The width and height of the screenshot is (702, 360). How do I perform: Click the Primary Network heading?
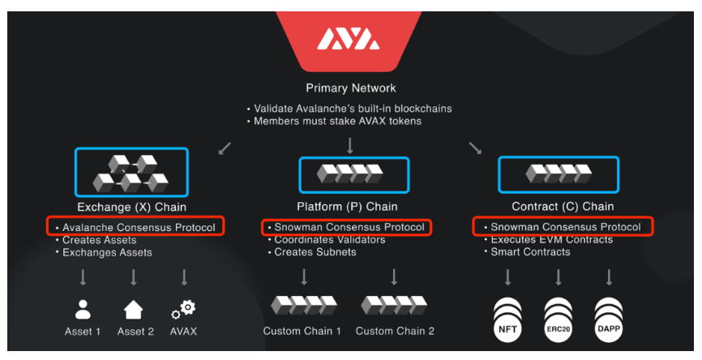pos(350,88)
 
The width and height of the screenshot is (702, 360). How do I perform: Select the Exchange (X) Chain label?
pos(131,207)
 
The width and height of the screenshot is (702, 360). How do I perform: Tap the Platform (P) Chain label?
pos(350,207)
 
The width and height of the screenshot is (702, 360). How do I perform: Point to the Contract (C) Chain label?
pos(563,207)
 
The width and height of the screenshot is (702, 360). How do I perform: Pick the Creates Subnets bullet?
pos(315,252)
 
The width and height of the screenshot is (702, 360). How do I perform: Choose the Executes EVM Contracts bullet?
pos(551,240)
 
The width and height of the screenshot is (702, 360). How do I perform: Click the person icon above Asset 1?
pos(83,310)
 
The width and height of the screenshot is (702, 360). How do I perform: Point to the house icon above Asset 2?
pos(133,310)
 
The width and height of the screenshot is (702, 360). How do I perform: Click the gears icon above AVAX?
pos(184,310)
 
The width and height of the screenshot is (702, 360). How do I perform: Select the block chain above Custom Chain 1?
pos(302,306)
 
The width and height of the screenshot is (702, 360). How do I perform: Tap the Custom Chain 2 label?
pos(395,331)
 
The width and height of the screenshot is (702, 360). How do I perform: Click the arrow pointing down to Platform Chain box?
pos(350,145)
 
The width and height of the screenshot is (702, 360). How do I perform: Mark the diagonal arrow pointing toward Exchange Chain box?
pos(225,148)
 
